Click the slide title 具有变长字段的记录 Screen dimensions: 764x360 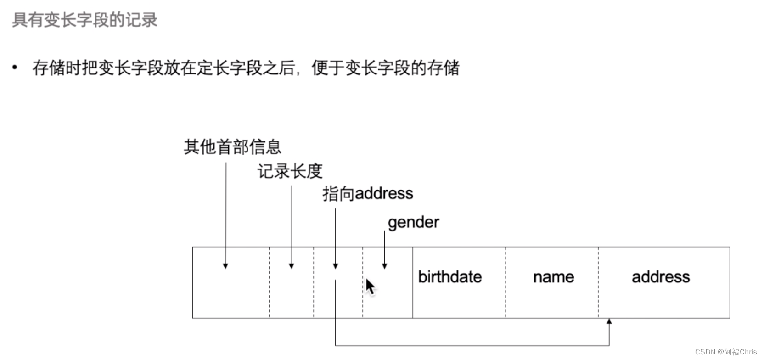84,20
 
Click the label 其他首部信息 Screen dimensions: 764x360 232,147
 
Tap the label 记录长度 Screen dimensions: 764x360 290,171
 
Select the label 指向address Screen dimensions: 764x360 367,194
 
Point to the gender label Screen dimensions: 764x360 413,223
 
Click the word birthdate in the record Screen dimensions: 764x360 450,277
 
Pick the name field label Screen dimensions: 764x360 553,277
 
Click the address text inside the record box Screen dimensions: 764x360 660,277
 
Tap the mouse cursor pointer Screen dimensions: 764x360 370,287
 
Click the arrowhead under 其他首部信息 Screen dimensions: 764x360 225,266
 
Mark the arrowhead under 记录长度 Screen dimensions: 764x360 292,266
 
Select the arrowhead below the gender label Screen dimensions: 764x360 385,266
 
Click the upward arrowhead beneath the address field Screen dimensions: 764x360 609,321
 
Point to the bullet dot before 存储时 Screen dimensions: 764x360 15,68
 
